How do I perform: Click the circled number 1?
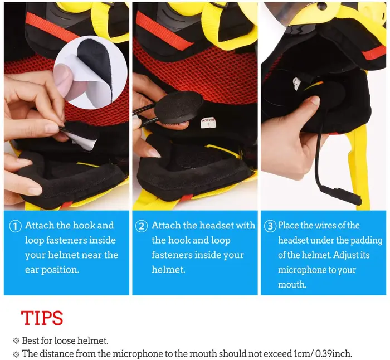(15, 226)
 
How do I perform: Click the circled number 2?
(142, 226)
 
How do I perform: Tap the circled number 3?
(270, 226)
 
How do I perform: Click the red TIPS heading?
(42, 318)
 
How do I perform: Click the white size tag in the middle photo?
(207, 123)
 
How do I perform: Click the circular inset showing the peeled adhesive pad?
(91, 72)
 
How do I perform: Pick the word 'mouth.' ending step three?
(292, 285)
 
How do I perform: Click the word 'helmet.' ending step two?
(168, 270)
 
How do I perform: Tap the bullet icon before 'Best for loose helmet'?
(16, 341)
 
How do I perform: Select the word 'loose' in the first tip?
(65, 340)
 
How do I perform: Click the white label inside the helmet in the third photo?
(296, 84)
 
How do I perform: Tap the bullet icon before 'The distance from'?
(16, 354)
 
